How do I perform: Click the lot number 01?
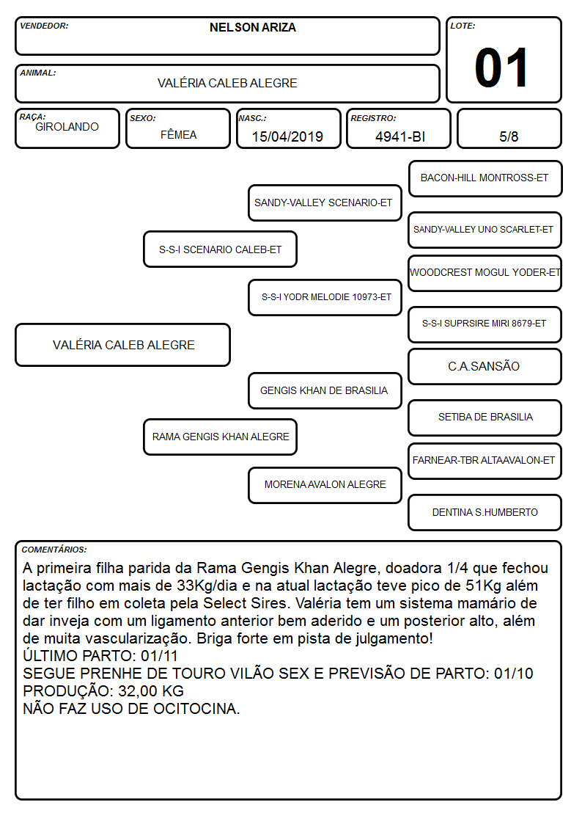pyautogui.click(x=501, y=68)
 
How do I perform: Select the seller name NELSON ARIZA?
pyautogui.click(x=252, y=27)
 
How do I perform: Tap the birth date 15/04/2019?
pyautogui.click(x=287, y=136)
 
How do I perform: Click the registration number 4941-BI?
pyautogui.click(x=400, y=136)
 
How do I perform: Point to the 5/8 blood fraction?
pyautogui.click(x=509, y=136)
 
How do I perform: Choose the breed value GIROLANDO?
pyautogui.click(x=67, y=127)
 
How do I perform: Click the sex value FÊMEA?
pyautogui.click(x=178, y=134)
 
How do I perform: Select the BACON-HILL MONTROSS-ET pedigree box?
pyautogui.click(x=485, y=179)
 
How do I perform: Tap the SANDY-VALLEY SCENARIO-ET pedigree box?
pyautogui.click(x=325, y=203)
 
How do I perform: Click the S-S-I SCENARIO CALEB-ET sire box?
pyautogui.click(x=220, y=249)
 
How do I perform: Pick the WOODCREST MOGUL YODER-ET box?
pyautogui.click(x=485, y=273)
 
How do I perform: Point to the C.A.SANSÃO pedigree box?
pyautogui.click(x=485, y=366)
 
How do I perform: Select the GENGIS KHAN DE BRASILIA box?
pyautogui.click(x=325, y=390)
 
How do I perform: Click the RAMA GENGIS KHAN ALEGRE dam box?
pyautogui.click(x=220, y=437)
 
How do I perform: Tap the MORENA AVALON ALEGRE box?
pyautogui.click(x=325, y=485)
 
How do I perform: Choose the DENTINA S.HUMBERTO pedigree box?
pyautogui.click(x=485, y=512)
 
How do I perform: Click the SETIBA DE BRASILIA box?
pyautogui.click(x=485, y=418)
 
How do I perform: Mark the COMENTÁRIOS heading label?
pyautogui.click(x=54, y=550)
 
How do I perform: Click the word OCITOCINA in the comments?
pyautogui.click(x=194, y=709)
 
